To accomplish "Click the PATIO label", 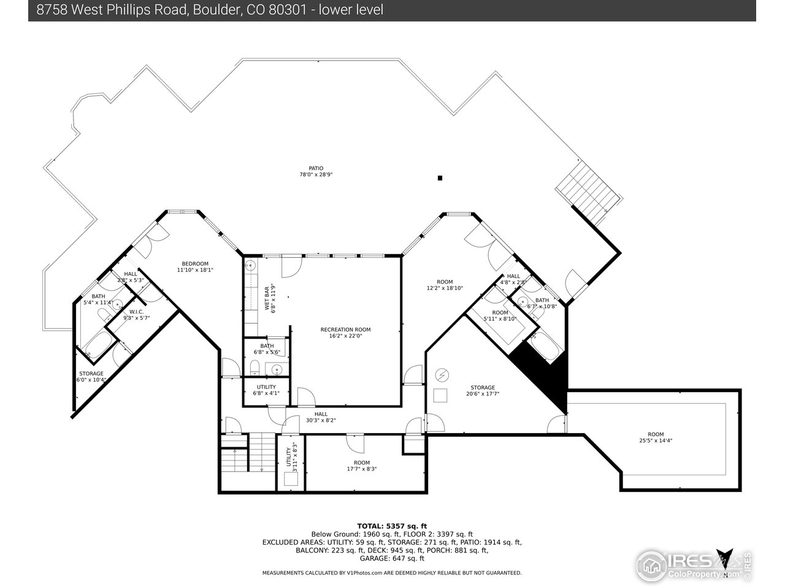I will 315,171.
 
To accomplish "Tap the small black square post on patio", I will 440,178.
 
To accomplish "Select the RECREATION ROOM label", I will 345,333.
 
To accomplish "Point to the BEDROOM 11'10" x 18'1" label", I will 194,266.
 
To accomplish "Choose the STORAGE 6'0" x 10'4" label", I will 91,376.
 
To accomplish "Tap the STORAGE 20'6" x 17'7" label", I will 483,391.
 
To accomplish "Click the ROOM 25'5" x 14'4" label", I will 656,437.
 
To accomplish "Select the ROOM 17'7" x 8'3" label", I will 361,466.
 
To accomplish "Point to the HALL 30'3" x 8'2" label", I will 321,417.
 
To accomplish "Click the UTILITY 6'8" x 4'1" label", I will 266,390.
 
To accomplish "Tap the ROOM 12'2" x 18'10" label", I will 445,285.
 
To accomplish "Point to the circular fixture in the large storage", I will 442,374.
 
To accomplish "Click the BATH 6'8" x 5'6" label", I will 266,349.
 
